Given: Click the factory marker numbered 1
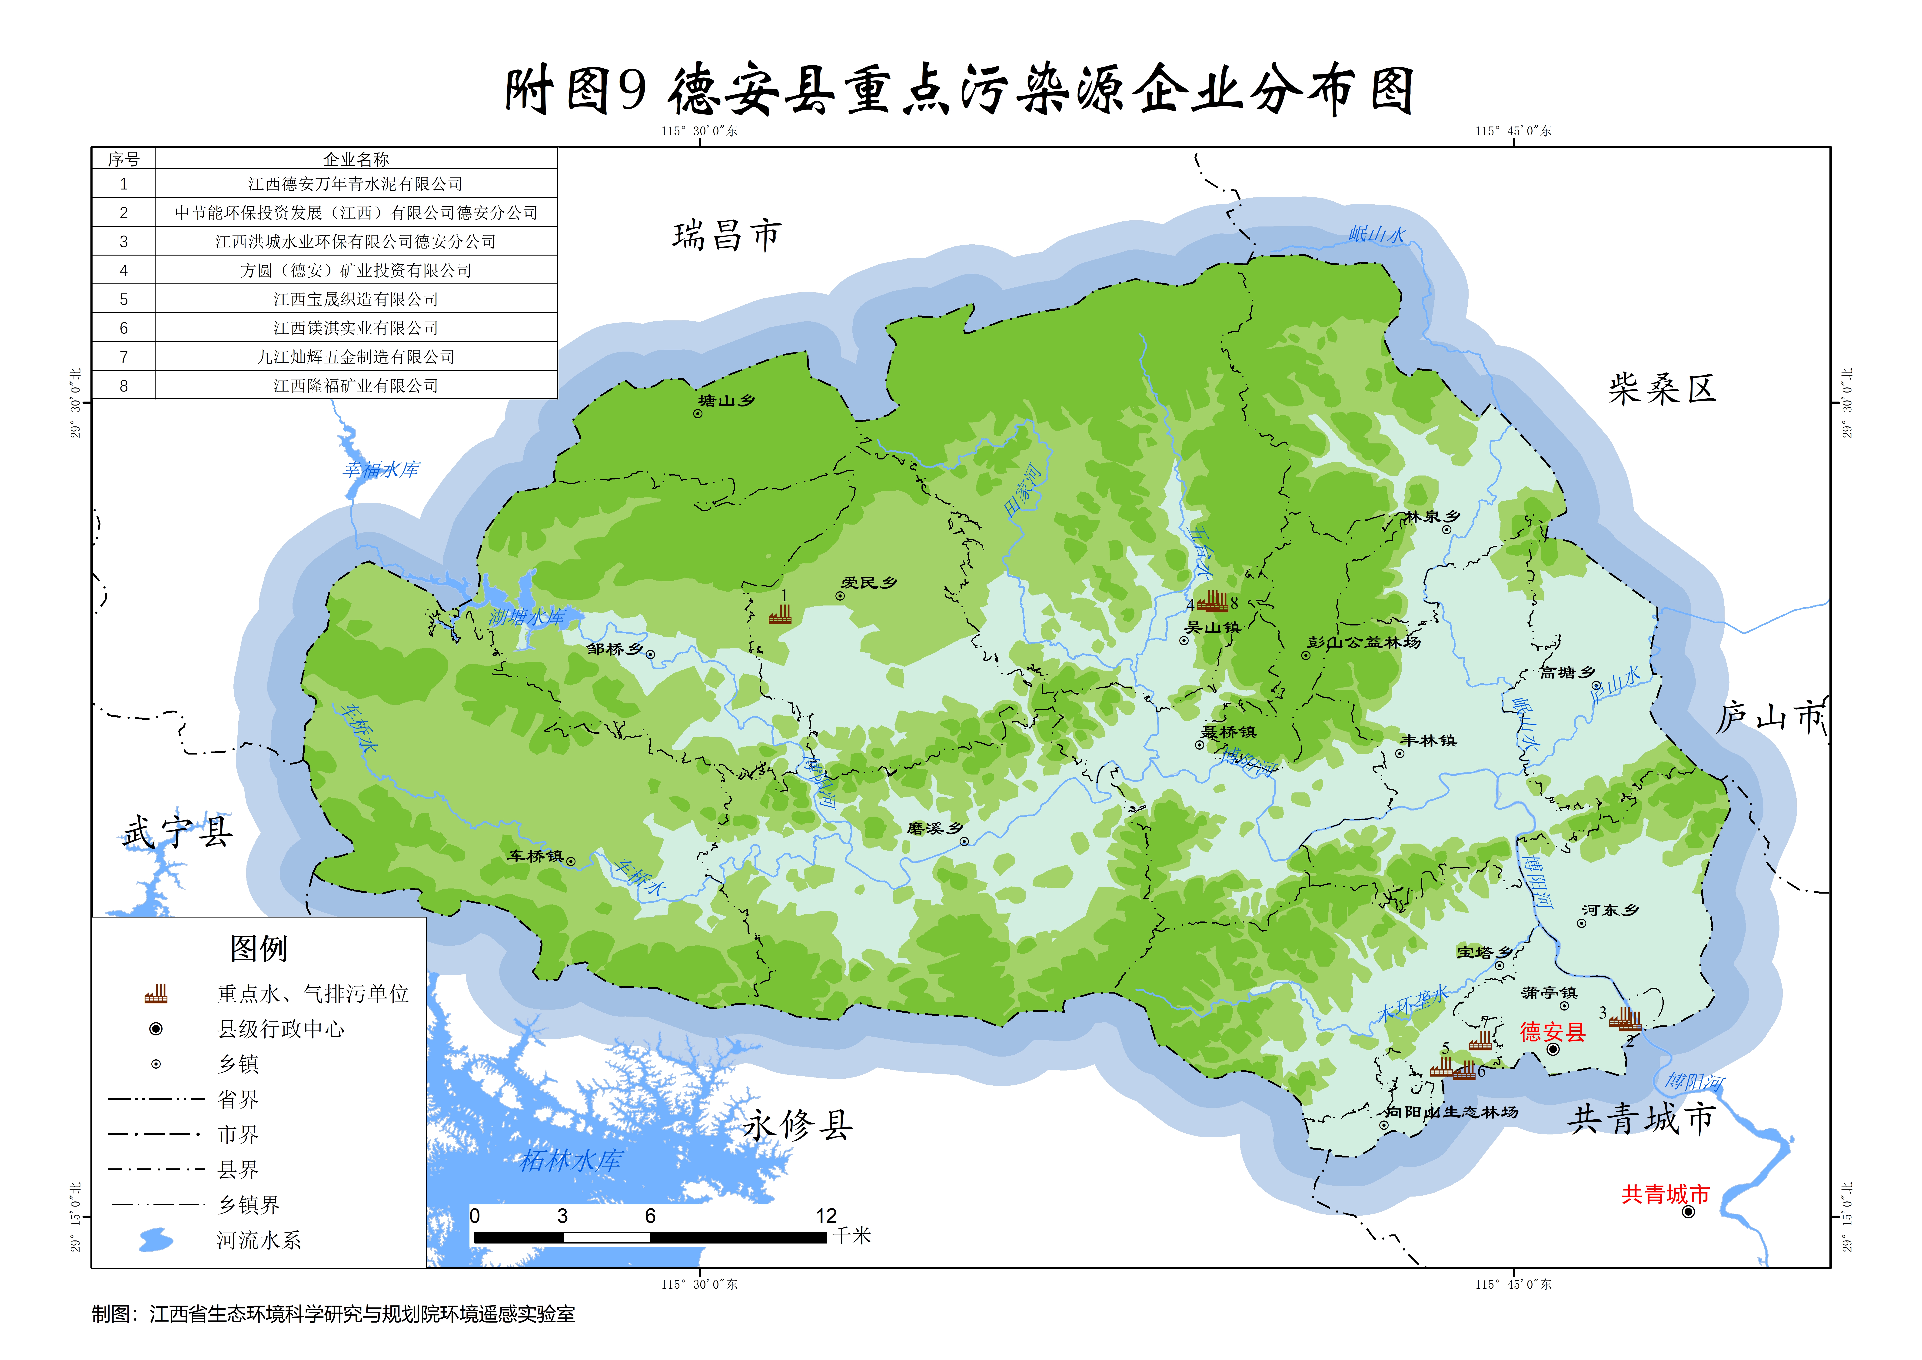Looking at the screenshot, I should pos(780,615).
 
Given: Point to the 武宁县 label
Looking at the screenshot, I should pos(178,831).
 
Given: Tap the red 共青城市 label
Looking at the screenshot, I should pos(1665,1194).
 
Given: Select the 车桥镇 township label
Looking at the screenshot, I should pos(536,856).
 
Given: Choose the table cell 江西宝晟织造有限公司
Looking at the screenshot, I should pos(356,299).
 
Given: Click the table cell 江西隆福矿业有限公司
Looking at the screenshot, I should pos(356,385).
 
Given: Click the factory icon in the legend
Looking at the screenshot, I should pos(156,994).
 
